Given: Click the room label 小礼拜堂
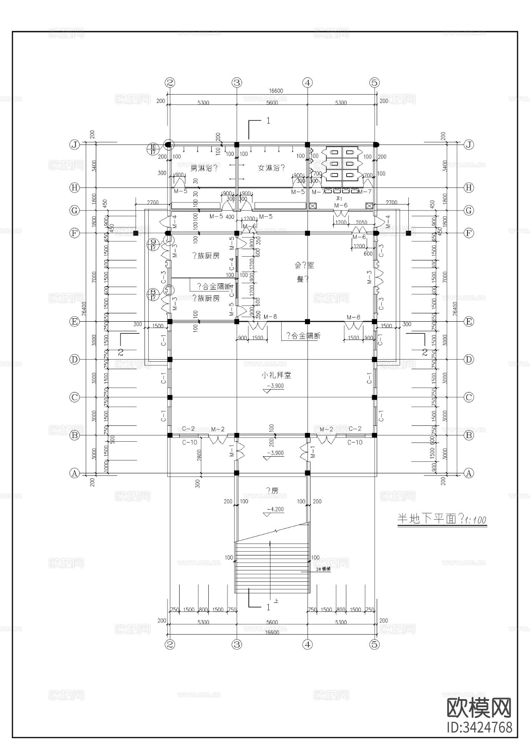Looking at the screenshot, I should [x=276, y=375].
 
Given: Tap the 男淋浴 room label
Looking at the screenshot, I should [x=204, y=168].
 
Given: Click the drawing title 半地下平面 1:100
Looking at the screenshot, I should [x=442, y=520].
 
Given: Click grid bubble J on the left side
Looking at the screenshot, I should [x=75, y=145].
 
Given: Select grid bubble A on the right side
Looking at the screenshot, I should [x=469, y=473].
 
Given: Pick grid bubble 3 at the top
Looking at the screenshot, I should [x=237, y=83].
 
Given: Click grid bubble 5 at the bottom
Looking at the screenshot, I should [x=375, y=645].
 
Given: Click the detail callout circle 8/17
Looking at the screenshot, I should [x=153, y=295].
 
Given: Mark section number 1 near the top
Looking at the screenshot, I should [x=268, y=121].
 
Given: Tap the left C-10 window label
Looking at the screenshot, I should [x=190, y=442].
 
